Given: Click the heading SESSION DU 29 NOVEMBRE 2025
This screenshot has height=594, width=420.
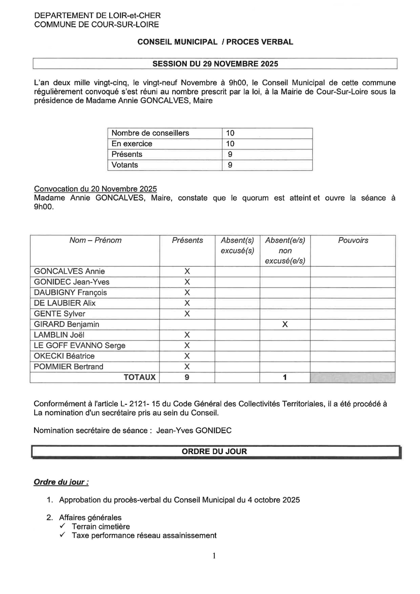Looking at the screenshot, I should [215, 64].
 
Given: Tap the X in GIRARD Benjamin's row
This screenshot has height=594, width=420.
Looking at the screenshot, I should [285, 324].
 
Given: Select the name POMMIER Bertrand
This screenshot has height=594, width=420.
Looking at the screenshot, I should [69, 367].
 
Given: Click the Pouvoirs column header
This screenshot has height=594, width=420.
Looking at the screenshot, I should [353, 240].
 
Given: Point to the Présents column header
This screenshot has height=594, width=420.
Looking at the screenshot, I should [187, 240].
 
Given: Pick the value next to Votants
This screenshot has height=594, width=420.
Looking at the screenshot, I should [230, 165].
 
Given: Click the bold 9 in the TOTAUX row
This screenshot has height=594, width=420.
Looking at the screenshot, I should [187, 377].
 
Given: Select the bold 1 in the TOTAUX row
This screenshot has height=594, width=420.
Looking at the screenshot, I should [285, 377].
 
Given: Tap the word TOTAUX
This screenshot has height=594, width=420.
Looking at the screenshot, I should [140, 377].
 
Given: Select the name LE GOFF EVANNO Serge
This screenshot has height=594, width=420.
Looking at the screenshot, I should [79, 345].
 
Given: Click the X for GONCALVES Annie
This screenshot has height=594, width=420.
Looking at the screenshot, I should [187, 271].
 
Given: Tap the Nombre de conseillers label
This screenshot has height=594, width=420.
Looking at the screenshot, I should [150, 133].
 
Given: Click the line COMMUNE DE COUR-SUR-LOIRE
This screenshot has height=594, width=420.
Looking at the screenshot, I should [97, 25].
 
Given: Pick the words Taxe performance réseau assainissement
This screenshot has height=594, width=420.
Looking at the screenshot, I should [144, 535].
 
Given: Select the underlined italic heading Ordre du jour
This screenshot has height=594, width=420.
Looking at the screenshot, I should [61, 482].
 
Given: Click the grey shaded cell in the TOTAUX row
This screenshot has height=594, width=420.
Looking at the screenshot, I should [352, 378].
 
